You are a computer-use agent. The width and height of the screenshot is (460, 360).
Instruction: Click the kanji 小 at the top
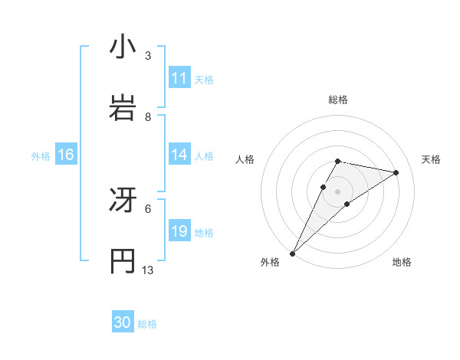coord(123,47)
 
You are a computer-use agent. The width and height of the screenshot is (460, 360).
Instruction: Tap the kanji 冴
coord(123,201)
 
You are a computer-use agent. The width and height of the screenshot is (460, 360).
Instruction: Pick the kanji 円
coord(123,260)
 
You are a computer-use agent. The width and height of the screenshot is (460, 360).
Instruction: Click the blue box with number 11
coord(179,78)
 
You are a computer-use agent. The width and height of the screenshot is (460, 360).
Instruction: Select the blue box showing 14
coord(179,155)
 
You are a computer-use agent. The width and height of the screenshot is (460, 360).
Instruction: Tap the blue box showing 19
coord(179,231)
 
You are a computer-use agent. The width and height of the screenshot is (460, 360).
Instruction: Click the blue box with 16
coord(65,155)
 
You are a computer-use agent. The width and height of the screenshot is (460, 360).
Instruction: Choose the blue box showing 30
coord(123,322)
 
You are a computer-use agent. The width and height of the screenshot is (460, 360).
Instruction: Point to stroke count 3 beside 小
coord(148,56)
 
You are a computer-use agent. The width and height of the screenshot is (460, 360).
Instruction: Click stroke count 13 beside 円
coord(148,270)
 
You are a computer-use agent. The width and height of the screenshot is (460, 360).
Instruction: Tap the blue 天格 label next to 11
coord(204,79)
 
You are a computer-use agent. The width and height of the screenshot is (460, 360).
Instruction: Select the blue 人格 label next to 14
coord(204,155)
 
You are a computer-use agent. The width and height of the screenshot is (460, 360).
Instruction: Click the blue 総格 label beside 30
coord(147,323)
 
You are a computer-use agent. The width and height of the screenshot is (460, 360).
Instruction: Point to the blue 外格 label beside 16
coord(41,155)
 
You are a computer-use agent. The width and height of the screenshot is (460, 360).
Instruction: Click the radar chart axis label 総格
coord(338,100)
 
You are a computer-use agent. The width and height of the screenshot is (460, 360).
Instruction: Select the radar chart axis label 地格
coord(402,262)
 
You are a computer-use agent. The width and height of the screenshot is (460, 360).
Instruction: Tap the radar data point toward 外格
coord(293,253)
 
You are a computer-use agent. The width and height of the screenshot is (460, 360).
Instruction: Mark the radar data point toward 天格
coord(396,172)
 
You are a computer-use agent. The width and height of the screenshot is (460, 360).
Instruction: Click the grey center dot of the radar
coord(338,191)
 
